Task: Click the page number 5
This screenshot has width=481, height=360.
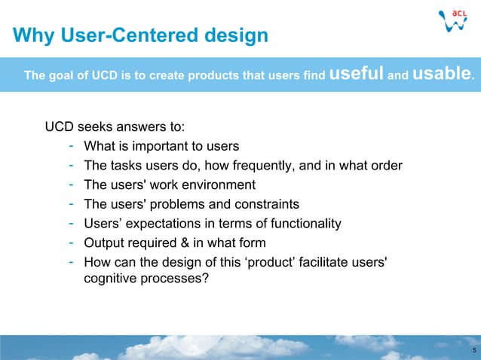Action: coord(473,351)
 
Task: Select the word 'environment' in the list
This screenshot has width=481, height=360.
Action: coord(219,185)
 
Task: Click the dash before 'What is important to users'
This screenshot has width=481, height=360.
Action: coord(70,145)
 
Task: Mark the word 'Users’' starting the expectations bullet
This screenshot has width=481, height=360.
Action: coord(104,224)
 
